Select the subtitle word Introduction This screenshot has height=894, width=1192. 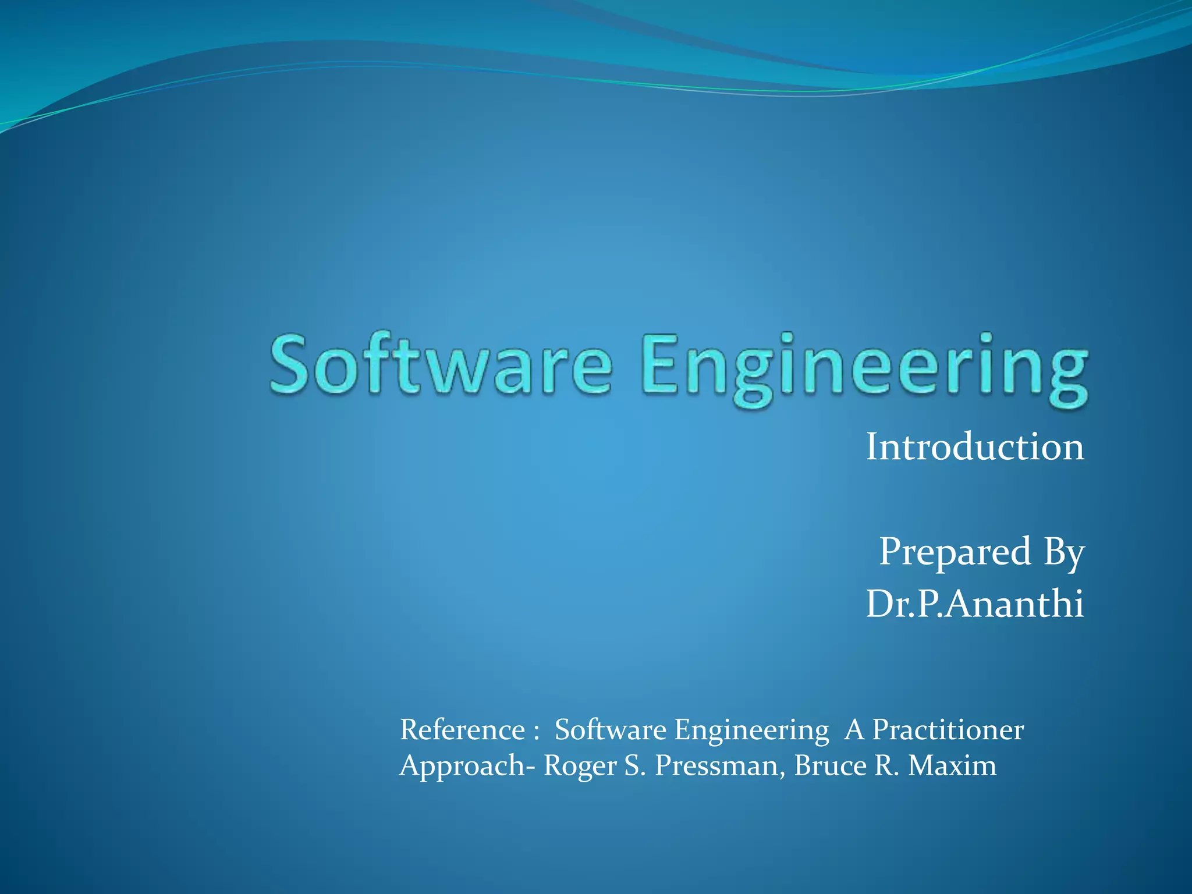[x=975, y=447]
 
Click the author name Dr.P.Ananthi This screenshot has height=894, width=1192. [x=975, y=604]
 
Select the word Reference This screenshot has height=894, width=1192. [x=463, y=730]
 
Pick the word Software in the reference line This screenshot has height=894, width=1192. [x=610, y=730]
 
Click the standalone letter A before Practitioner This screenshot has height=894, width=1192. [x=854, y=730]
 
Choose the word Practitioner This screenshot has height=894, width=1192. [x=948, y=730]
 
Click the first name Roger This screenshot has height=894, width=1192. [x=580, y=766]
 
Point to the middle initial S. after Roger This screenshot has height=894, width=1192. [x=635, y=766]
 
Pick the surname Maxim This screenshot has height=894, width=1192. [x=952, y=766]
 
